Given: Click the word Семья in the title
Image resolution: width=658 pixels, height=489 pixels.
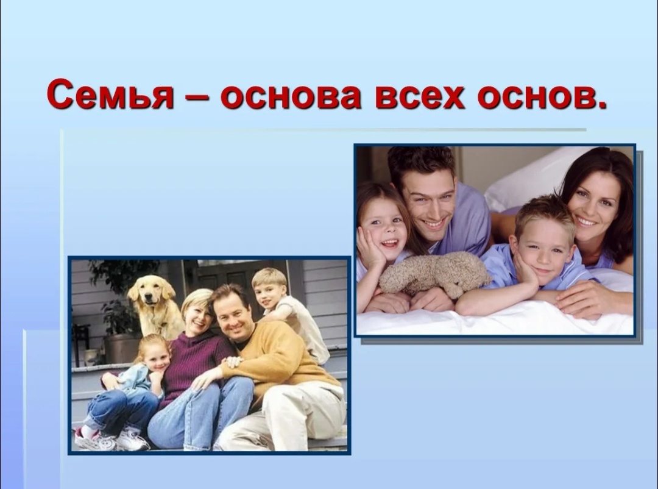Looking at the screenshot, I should click(110, 95).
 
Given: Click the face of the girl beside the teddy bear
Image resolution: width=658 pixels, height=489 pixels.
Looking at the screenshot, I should click(385, 229).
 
